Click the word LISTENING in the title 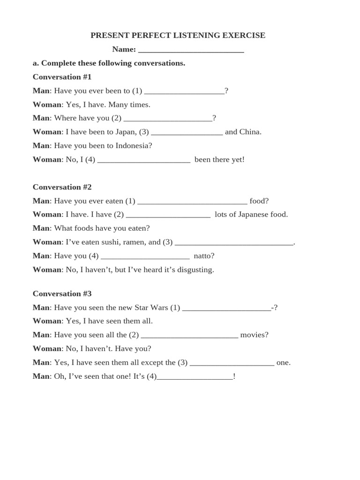coord(193,36)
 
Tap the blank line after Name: coord(191,50)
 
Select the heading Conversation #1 coord(62,77)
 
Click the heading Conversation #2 coord(62,187)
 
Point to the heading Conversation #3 coord(62,294)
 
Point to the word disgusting coord(194,270)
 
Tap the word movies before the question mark coord(253,335)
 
